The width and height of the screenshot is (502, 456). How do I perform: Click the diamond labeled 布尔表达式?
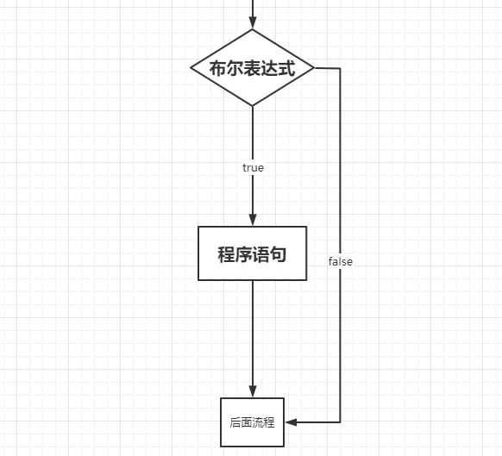pos(253,67)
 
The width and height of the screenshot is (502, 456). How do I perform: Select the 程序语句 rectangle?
pos(253,253)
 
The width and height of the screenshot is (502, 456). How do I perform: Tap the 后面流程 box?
pos(253,422)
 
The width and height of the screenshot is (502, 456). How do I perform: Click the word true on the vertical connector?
pos(253,168)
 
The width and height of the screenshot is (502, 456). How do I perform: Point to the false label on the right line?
pos(340,261)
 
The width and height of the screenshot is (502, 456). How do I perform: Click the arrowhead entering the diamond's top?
pos(253,23)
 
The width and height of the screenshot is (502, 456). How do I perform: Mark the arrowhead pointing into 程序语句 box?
pos(253,220)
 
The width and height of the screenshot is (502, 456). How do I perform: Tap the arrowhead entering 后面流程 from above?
pos(253,390)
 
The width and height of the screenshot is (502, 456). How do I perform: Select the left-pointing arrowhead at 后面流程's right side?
pos(292,422)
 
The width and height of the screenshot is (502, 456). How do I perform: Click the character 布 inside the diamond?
pos(218,69)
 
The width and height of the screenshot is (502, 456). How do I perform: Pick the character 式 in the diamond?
pos(286,69)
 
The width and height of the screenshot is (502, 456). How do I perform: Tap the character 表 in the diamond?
pos(253,69)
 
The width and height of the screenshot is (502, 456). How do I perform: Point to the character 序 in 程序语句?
pos(244,254)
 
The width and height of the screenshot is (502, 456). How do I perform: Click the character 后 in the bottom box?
pos(235,422)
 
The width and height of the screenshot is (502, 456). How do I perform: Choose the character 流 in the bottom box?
pos(258,422)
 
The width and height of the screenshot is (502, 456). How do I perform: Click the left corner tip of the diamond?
pos(191,67)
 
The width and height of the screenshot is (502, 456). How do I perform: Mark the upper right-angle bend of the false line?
pos(340,67)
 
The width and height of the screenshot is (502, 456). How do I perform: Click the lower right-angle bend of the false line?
pos(340,422)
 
